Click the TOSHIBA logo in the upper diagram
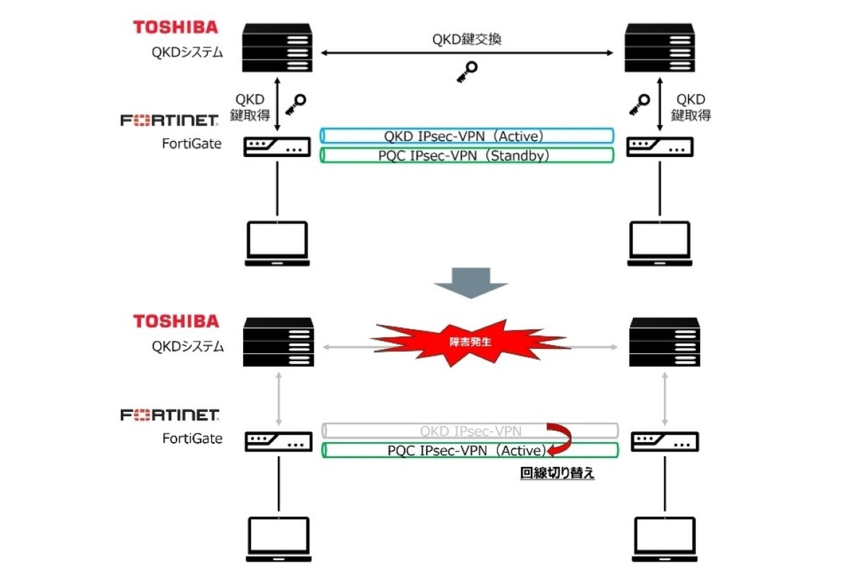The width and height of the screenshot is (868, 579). (x=175, y=27)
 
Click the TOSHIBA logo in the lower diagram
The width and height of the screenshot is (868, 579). (x=175, y=321)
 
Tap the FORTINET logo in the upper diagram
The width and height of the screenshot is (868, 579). (x=169, y=120)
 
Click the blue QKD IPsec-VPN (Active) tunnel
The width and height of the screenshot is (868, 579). (x=468, y=135)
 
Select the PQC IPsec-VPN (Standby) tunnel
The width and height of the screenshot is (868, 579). (x=468, y=155)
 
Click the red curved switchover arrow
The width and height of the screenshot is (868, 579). (x=560, y=439)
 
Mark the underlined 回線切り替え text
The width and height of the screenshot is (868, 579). (x=558, y=475)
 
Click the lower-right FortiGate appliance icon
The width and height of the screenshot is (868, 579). (x=664, y=441)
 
